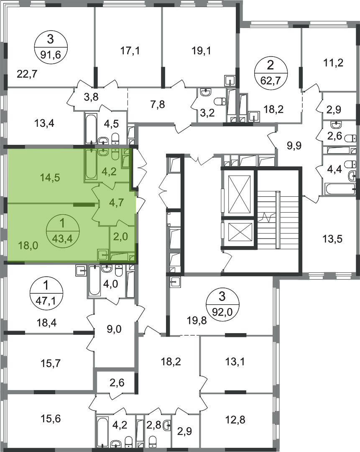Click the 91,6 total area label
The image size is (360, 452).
(51, 54)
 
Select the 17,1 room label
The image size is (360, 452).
(130, 51)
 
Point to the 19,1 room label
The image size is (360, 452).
(201, 51)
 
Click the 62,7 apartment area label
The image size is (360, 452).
(270, 79)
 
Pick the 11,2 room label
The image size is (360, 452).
(333, 62)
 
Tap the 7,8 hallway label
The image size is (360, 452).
(158, 104)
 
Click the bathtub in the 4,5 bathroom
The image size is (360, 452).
(92, 128)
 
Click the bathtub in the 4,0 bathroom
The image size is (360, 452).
(94, 280)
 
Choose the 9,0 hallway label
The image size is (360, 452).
(114, 329)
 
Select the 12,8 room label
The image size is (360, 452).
(235, 419)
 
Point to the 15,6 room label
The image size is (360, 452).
(51, 418)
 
